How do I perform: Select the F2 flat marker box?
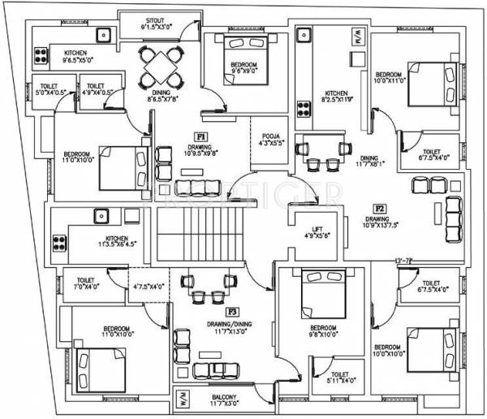click(380, 207)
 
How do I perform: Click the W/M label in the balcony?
click(183, 400)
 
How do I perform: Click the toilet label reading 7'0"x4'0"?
click(86, 283)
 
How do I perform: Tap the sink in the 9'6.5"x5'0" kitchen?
click(105, 35)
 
